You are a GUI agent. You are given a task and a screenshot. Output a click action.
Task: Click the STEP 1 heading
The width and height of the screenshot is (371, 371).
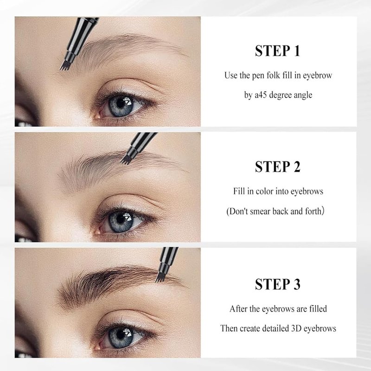tap(277, 51)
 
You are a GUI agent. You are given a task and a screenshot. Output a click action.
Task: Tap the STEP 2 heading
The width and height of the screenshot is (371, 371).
tap(277, 166)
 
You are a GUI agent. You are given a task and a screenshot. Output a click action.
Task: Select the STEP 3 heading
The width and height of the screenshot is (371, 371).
tap(277, 284)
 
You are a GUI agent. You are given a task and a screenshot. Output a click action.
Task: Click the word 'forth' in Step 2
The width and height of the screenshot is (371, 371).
tap(314, 211)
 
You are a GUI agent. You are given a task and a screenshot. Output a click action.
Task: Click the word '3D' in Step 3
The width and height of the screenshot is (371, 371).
tap(296, 328)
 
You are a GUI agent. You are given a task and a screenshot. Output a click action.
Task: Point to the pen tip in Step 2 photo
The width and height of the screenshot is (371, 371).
tap(125, 160)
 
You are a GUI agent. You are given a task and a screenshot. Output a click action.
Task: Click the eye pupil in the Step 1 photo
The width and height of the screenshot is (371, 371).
tap(121, 103)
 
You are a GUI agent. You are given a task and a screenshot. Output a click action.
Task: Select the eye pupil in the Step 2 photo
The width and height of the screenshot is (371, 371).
tap(121, 219)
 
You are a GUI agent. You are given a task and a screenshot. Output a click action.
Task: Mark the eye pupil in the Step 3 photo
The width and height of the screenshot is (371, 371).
tap(121, 335)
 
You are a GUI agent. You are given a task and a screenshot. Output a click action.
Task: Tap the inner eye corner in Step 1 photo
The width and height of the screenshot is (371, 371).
tap(97, 116)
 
